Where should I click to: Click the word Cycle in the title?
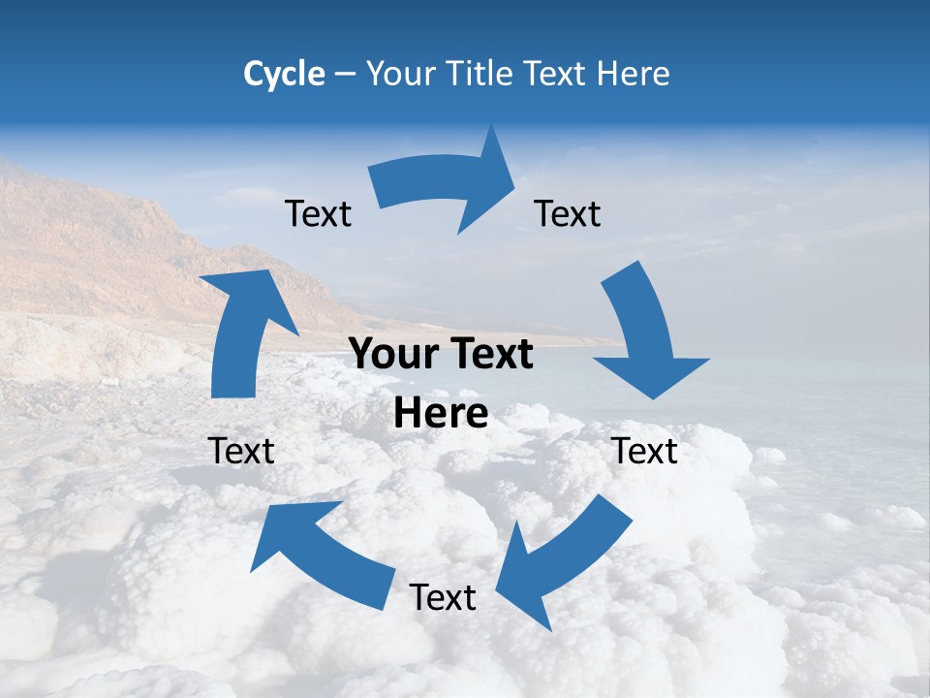pyautogui.click(x=284, y=74)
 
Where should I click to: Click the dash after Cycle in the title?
pyautogui.click(x=345, y=75)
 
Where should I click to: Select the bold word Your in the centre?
pyautogui.click(x=387, y=355)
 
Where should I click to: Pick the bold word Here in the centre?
pyautogui.click(x=441, y=414)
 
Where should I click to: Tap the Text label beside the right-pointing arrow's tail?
pyautogui.click(x=318, y=214)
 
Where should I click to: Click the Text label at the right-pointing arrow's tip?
pyautogui.click(x=568, y=214)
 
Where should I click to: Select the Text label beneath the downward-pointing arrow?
pyautogui.click(x=645, y=451)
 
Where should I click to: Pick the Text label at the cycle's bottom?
pyautogui.click(x=443, y=598)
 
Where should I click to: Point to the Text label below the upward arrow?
pyautogui.click(x=241, y=451)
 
